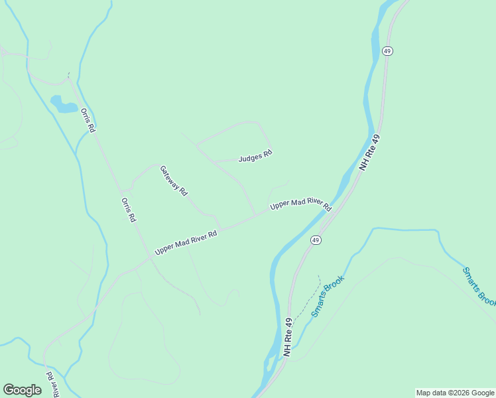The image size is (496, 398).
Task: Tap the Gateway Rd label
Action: coord(173,180)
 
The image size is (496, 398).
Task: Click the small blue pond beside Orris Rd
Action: coord(63,104)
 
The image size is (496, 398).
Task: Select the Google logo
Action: coord(22,390)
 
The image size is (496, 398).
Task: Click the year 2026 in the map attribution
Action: coord(458,393)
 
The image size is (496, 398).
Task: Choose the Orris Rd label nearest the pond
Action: coord(88,119)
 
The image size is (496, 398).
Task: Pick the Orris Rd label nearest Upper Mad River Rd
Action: coord(129,209)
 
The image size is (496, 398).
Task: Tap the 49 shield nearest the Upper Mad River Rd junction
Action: coord(316,240)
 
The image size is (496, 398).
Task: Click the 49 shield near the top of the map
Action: coord(388,51)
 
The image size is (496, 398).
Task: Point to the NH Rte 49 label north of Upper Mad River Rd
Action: coord(373,151)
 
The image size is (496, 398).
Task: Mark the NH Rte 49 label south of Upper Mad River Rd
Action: coord(288,338)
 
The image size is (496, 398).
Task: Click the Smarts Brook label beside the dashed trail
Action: coord(329,295)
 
